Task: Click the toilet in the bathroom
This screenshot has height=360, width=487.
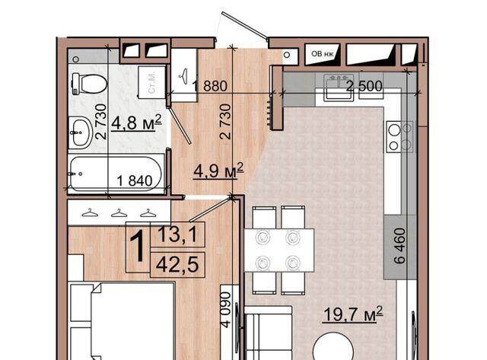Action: tap(89, 84)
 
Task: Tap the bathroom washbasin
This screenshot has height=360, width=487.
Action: tap(81, 132)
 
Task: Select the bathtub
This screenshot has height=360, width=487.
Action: tap(116, 174)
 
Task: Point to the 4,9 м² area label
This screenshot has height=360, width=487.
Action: tap(218, 170)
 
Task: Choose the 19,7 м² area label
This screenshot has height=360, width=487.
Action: tap(353, 314)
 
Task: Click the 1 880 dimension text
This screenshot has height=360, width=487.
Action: tap(210, 86)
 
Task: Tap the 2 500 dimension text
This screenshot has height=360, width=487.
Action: tap(364, 86)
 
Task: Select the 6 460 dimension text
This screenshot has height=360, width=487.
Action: tap(400, 246)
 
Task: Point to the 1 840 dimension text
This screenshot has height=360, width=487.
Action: tap(135, 180)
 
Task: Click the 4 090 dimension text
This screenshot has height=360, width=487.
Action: tap(226, 310)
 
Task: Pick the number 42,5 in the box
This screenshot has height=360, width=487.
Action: tap(177, 265)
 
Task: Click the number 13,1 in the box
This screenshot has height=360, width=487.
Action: tap(177, 234)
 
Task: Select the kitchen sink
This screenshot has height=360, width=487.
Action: tap(339, 88)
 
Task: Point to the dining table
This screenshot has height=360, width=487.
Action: tap(279, 250)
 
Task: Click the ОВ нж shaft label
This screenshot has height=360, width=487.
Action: tap(322, 54)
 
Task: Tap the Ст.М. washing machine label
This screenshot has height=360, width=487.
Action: tap(152, 82)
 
